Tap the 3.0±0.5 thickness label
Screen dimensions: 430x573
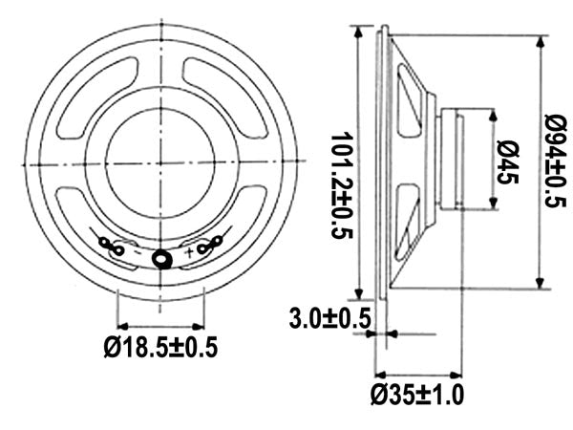(329, 319)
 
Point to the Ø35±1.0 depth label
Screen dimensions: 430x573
(417, 395)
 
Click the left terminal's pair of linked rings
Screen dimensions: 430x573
(112, 247)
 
